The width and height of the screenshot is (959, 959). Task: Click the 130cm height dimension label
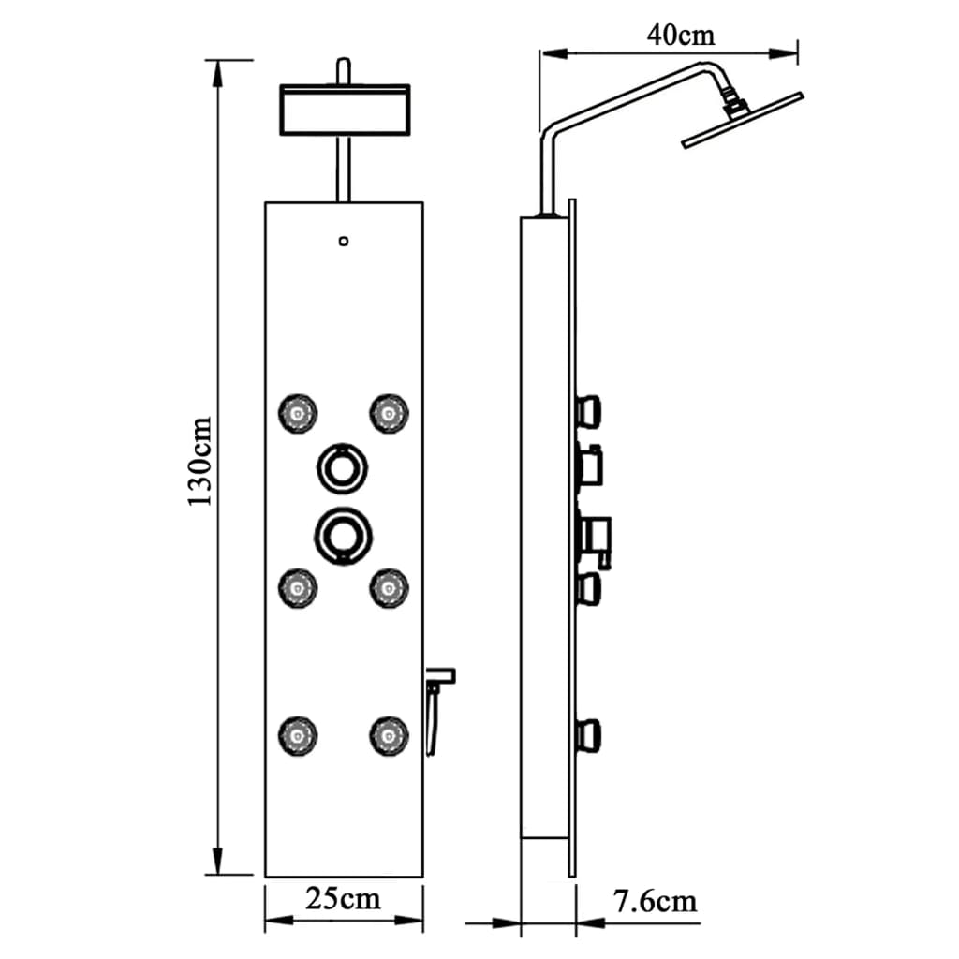[x=200, y=462]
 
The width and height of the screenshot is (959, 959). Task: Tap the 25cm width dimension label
[x=344, y=899]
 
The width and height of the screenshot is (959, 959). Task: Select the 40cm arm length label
[x=680, y=35]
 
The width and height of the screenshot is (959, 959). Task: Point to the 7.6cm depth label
[x=656, y=902]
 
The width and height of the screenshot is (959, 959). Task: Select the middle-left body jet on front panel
[x=298, y=587]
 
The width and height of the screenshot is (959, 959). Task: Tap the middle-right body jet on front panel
[x=388, y=587]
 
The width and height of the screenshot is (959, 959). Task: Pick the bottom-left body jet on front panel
[x=298, y=735]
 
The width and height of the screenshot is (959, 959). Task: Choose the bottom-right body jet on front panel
[x=388, y=735]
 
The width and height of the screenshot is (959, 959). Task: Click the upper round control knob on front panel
[x=343, y=465]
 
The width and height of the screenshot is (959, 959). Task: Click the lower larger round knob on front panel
[x=343, y=534]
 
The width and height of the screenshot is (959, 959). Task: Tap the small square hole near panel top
[x=344, y=242]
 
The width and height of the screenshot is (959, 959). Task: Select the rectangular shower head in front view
[x=345, y=109]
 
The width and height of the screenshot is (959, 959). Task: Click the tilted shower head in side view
[x=743, y=119]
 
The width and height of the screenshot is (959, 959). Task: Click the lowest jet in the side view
[x=589, y=734]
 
